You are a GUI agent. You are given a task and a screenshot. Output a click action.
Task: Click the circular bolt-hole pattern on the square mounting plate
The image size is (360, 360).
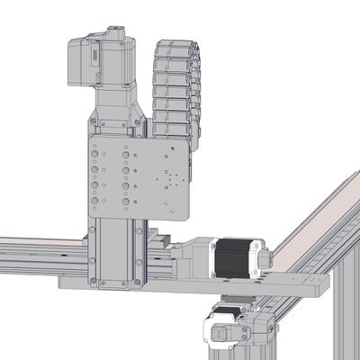tap(168, 180)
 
